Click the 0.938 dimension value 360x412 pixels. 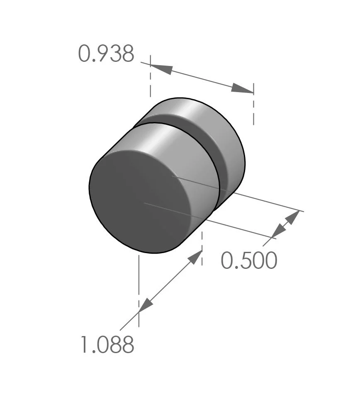tap(106, 54)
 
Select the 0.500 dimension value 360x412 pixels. tap(248, 261)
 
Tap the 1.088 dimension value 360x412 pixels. tap(107, 345)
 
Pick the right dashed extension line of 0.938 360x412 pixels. tap(253, 104)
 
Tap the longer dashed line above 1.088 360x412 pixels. tap(139, 290)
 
